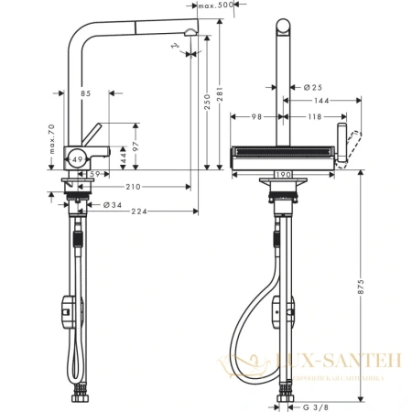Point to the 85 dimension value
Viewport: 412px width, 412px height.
(85, 92)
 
